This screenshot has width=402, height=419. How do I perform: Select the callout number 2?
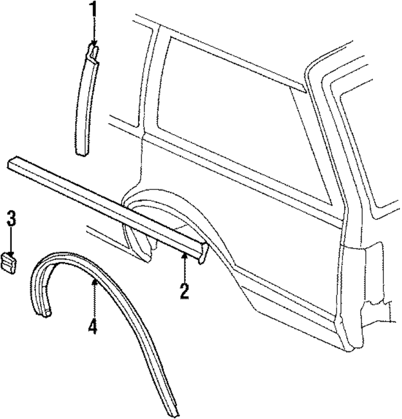(184, 291)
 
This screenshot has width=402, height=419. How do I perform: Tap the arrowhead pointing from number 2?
(184, 255)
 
